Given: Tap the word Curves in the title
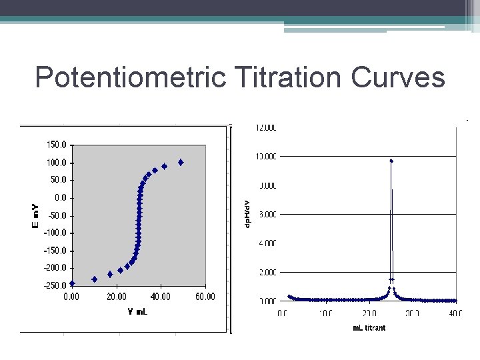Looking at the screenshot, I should coord(399,78).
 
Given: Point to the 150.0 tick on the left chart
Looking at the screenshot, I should coord(55,145).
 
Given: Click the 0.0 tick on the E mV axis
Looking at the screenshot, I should coord(60,198).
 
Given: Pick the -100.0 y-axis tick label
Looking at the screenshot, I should coord(54,233).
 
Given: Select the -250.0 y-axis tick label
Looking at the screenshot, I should coord(54,285).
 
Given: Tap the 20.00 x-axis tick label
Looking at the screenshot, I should coord(116,297).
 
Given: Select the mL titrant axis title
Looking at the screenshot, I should coord(369,327).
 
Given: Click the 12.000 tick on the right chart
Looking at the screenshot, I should coord(267,127).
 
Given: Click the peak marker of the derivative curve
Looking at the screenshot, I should coord(391,161).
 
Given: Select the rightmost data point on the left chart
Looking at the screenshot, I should coord(181,162).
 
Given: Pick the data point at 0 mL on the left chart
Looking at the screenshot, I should coord(72,283).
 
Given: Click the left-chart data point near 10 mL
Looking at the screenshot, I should coord(94,279).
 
